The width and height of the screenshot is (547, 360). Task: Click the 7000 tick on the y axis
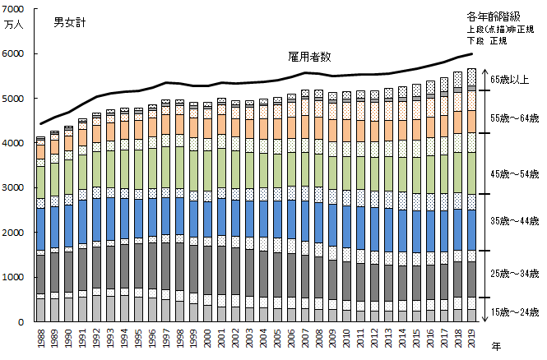click(x=15, y=9)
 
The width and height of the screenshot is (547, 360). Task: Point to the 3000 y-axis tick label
click(x=15, y=187)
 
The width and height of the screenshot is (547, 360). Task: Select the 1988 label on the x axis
click(x=41, y=339)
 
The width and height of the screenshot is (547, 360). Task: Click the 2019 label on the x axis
click(x=471, y=339)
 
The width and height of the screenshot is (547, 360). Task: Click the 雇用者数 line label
click(x=308, y=57)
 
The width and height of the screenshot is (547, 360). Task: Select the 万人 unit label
click(x=15, y=25)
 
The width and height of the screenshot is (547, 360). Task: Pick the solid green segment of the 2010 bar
click(x=345, y=173)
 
